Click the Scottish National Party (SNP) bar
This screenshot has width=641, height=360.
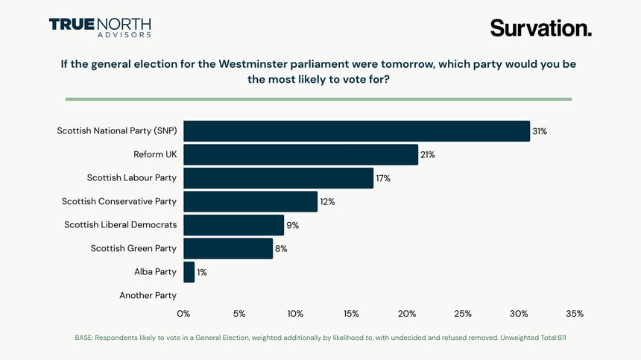(x=356, y=131)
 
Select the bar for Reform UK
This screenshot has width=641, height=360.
(x=300, y=154)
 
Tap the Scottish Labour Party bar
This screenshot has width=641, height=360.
(x=278, y=178)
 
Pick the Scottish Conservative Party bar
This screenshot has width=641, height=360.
(x=250, y=201)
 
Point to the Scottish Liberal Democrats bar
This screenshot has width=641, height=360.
(x=233, y=225)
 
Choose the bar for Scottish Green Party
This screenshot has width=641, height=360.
(x=228, y=248)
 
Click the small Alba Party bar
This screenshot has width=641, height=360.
(x=189, y=272)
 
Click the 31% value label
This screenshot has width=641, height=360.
(x=540, y=131)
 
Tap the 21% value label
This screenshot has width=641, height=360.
(x=427, y=155)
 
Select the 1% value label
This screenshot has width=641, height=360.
(x=202, y=272)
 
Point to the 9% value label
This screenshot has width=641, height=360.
(x=293, y=225)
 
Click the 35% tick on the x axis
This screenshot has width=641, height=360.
(x=575, y=314)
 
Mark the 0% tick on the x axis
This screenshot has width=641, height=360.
(x=183, y=314)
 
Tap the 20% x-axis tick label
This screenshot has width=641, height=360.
(x=407, y=314)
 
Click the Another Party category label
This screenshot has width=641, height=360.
(x=148, y=295)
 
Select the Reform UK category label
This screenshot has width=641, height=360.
(x=155, y=154)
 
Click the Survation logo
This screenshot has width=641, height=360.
(x=540, y=28)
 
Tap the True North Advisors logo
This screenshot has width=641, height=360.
(x=100, y=28)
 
